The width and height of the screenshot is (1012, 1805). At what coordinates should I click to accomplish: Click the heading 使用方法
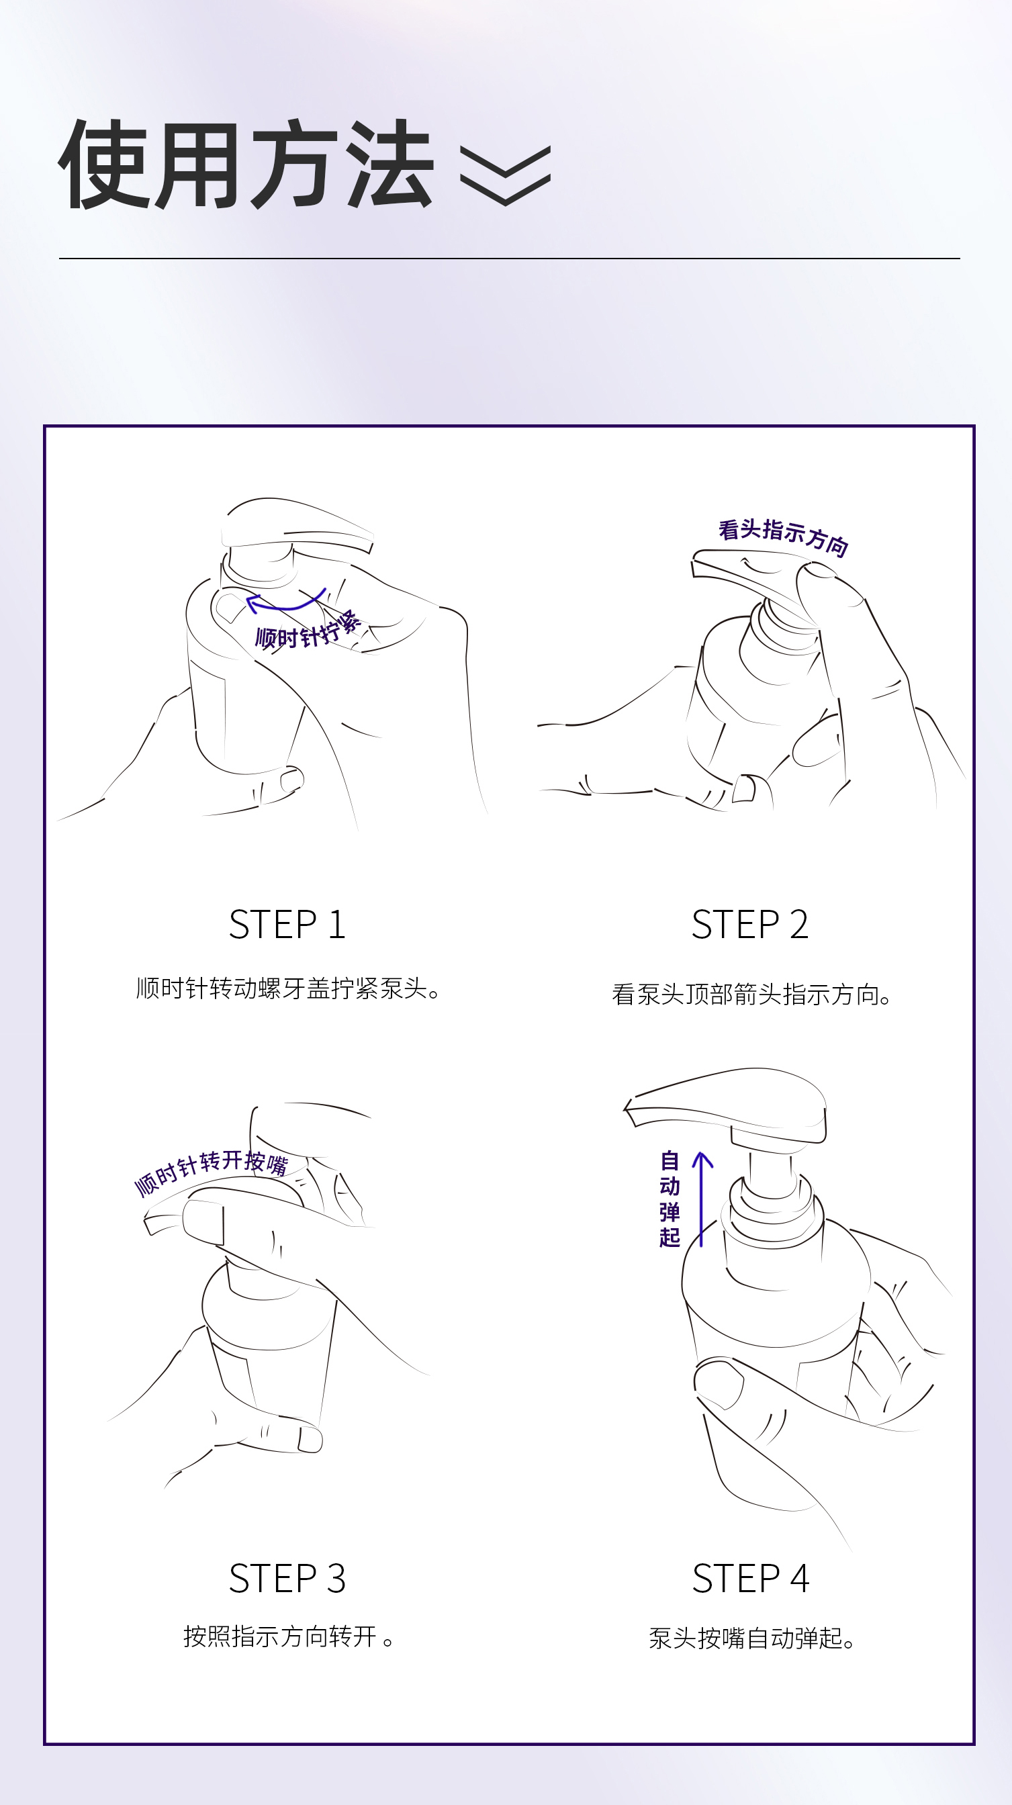(x=246, y=164)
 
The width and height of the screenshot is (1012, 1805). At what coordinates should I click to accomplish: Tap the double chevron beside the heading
(x=505, y=176)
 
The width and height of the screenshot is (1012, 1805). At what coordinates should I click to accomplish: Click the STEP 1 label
(x=287, y=924)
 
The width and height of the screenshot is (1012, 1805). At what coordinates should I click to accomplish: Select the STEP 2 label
(x=750, y=924)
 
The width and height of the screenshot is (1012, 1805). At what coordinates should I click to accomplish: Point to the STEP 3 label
(x=287, y=1578)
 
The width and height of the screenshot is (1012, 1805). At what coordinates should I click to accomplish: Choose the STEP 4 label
(x=751, y=1578)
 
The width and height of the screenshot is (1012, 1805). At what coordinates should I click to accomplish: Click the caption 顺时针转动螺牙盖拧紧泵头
(x=288, y=988)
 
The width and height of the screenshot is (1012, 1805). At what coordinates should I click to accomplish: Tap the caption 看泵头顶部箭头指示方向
(x=751, y=994)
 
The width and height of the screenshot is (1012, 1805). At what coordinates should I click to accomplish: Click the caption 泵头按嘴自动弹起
(x=751, y=1638)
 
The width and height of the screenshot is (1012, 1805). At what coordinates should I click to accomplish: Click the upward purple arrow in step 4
(x=702, y=1199)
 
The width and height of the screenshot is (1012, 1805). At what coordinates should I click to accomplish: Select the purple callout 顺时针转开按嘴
(x=211, y=1172)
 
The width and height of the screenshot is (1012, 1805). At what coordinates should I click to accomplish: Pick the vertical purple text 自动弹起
(x=670, y=1199)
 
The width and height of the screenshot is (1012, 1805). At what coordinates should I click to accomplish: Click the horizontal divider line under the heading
(x=510, y=259)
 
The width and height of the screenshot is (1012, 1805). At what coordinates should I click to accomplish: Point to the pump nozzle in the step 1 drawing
(x=298, y=526)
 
